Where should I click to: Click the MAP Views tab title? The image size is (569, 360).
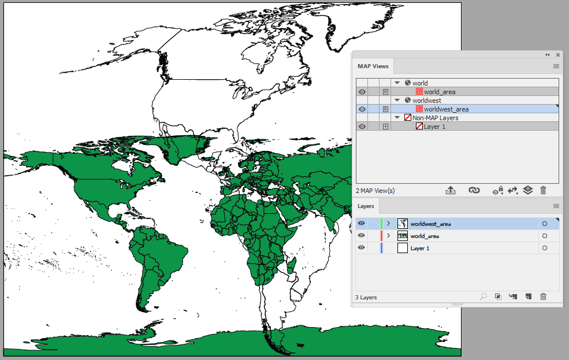coord(373,66)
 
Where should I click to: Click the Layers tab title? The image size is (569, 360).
coord(366,206)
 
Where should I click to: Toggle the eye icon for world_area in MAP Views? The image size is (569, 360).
coord(362,92)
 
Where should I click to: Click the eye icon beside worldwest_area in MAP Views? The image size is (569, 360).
coord(362,109)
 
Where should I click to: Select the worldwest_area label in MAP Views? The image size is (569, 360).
coord(446,109)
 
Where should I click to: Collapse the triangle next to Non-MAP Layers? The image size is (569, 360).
coord(397,118)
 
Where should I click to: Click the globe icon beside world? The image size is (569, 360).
coord(408,83)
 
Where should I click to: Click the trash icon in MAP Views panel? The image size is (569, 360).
coord(543,190)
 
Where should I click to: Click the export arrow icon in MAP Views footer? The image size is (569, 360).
coord(451,190)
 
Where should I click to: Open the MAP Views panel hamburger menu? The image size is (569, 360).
coord(556,66)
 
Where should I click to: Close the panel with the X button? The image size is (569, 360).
coord(558,55)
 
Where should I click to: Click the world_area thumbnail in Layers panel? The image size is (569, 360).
coord(403,236)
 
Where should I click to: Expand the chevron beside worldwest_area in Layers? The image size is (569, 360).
coord(389,224)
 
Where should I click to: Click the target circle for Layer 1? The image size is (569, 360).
coord(544,248)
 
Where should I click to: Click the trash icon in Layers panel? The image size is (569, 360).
coord(543,296)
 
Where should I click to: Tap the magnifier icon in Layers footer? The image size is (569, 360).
coord(484,296)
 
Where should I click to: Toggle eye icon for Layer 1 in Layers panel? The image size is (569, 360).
coord(362,248)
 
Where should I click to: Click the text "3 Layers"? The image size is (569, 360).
coord(366,298)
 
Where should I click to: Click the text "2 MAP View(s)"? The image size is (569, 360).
coord(375,191)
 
